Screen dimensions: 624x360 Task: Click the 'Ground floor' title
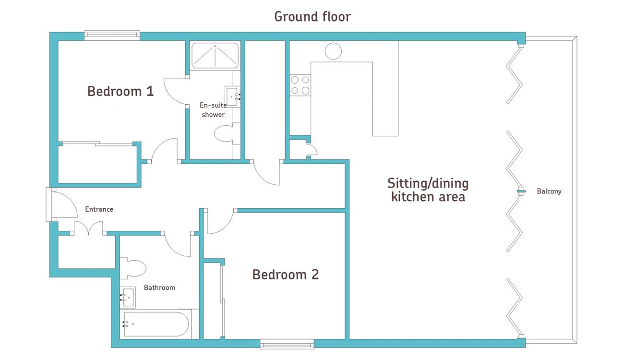[312, 17]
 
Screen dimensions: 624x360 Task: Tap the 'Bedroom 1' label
[120, 91]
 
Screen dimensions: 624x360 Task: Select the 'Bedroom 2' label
[286, 275]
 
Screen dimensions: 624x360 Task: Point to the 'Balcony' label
[549, 191]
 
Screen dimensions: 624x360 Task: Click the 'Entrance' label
[99, 209]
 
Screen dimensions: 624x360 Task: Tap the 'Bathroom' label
[159, 288]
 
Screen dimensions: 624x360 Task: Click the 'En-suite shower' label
[213, 110]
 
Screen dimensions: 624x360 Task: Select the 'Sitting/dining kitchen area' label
[428, 190]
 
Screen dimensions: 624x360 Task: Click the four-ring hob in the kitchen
[300, 85]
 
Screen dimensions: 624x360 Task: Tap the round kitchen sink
[333, 51]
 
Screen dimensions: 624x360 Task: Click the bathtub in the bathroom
[156, 324]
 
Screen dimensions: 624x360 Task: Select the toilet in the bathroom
[133, 268]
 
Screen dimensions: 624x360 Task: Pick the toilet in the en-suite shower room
[227, 133]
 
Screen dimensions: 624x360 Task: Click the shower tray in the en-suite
[215, 56]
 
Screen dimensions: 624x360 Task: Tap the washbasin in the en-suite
[232, 96]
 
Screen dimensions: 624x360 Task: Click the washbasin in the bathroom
[128, 297]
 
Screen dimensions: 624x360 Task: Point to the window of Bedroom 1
[112, 36]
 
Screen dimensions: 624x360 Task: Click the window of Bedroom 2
[287, 344]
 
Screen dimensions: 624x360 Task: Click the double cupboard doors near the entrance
[88, 228]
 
